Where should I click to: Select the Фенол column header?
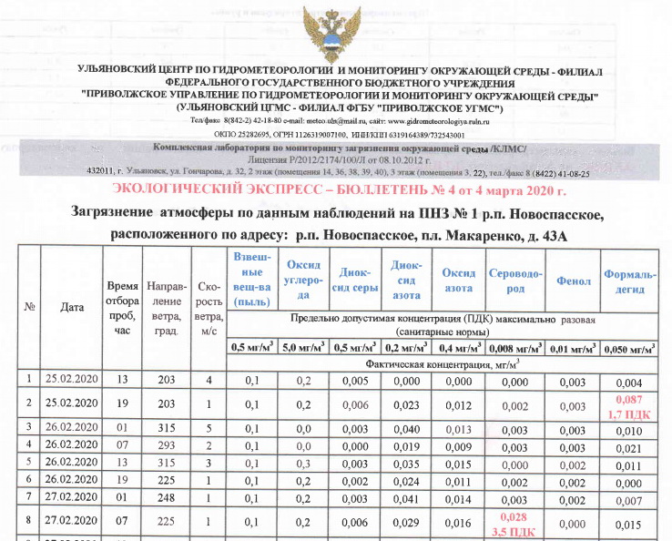(x=574, y=281)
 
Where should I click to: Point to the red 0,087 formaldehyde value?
(x=629, y=400)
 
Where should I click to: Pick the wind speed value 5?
(x=209, y=429)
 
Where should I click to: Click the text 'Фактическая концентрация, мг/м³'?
(x=443, y=363)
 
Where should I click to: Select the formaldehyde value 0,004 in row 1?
(x=629, y=381)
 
